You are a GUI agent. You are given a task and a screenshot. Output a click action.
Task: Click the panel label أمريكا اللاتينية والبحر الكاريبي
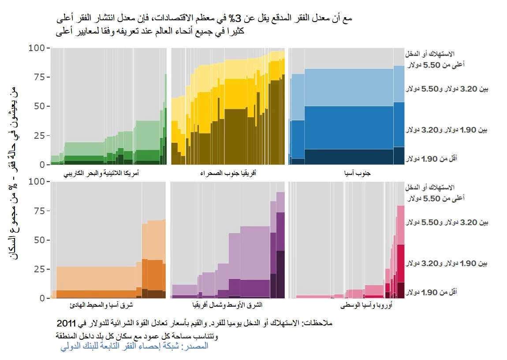[x=108, y=174]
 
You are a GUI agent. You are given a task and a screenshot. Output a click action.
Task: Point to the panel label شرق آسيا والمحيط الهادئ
[x=108, y=305]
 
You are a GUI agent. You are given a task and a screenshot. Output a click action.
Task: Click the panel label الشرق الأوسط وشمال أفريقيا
[x=227, y=305]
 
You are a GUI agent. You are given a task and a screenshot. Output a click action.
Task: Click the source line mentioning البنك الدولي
[x=134, y=347]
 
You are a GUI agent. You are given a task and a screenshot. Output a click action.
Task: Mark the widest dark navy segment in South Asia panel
[x=348, y=156]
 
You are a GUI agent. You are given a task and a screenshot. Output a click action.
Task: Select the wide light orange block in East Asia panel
[x=96, y=278]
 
